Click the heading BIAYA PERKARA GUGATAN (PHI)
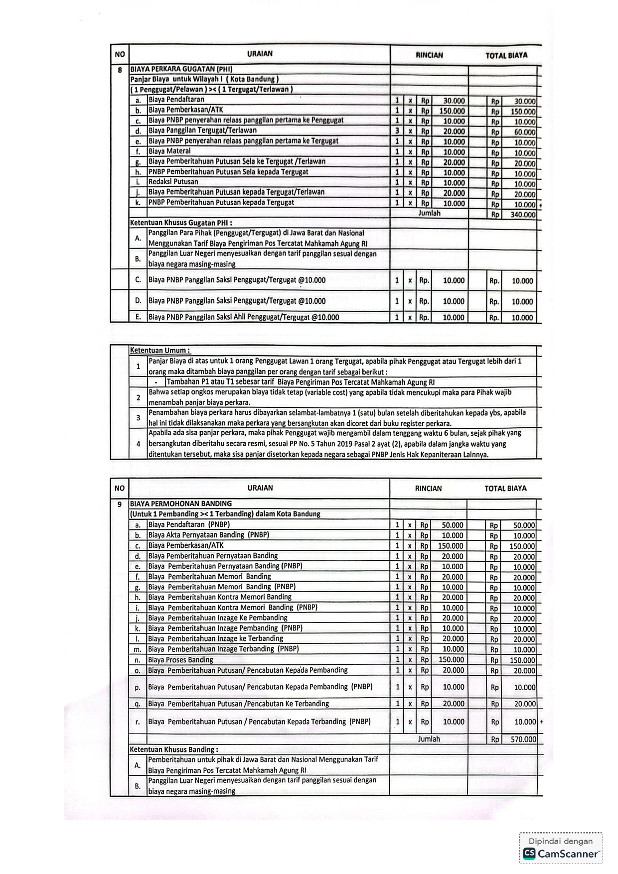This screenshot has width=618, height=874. pos(181,69)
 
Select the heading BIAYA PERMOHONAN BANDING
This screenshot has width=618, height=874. pos(181,503)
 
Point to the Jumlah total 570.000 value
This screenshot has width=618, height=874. pos(523,740)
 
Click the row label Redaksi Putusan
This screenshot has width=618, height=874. pos(173,182)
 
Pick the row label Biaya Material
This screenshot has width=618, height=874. pos(169,151)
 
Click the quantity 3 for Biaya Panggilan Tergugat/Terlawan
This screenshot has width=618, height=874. pos(397,131)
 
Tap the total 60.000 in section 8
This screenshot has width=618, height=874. pos(524,132)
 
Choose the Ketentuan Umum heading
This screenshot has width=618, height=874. pos(160,350)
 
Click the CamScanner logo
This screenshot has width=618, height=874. pos(529,854)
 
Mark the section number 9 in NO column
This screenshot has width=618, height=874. pos(120,504)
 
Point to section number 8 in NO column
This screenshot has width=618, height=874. pos(120,70)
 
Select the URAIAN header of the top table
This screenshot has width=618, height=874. pos(260,54)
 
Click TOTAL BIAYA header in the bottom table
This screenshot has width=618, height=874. pos(505,489)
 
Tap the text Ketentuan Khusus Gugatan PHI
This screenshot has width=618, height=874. pos(181,223)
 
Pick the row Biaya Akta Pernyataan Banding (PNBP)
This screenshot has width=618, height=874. pos(208,535)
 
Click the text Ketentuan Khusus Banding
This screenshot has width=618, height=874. pos(173,749)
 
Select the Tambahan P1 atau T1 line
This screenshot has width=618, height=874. pos(301,382)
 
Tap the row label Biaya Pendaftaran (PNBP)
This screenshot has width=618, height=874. pos(189,524)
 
